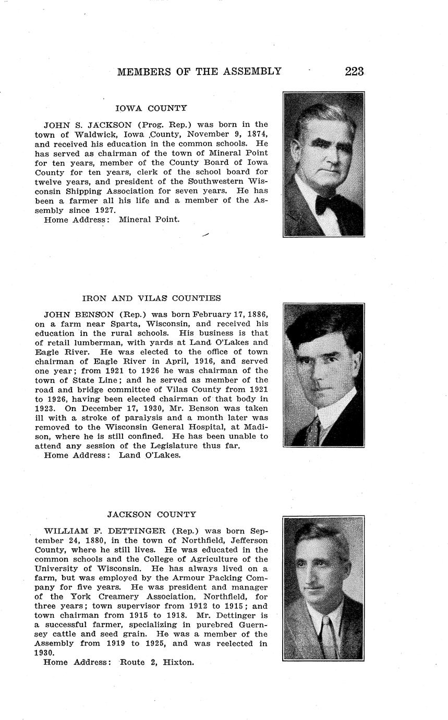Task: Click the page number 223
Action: click(354, 71)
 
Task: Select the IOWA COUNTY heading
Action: click(151, 109)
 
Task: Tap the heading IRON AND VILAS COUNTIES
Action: click(151, 298)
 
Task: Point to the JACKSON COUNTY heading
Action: click(152, 514)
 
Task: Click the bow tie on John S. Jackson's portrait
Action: click(324, 203)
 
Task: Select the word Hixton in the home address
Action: click(178, 663)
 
